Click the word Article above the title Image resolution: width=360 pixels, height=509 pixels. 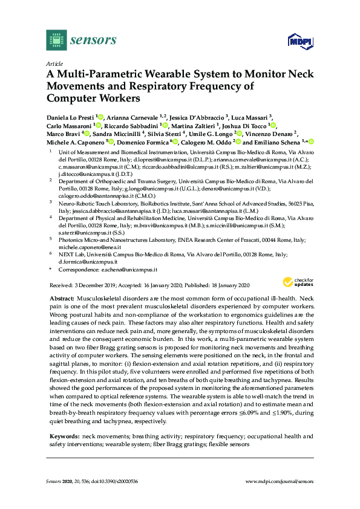pos(54,63)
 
